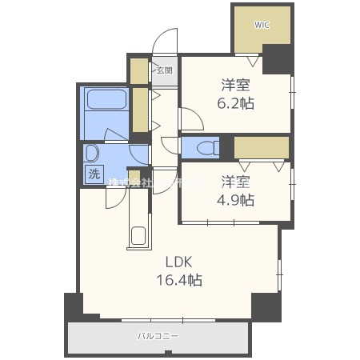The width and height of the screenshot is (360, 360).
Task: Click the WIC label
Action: [262, 24]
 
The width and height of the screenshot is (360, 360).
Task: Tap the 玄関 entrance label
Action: [163, 70]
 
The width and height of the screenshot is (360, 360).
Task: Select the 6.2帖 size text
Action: [237, 103]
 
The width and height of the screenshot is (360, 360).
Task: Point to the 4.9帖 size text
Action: [237, 200]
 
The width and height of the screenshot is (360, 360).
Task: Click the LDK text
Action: [178, 262]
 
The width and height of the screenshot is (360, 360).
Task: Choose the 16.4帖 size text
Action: [178, 280]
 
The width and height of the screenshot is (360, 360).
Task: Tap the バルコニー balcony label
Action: [156, 336]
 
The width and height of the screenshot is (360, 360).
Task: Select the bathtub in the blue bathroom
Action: [107, 101]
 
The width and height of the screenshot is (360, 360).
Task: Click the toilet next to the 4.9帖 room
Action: [205, 147]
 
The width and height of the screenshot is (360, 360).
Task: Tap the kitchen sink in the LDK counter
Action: [138, 236]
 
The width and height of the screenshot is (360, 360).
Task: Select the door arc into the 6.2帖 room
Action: [190, 119]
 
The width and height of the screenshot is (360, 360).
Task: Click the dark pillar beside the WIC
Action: [278, 58]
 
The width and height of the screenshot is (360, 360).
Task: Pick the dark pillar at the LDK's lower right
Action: [266, 306]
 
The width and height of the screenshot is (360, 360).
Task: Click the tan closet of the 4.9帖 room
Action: [261, 147]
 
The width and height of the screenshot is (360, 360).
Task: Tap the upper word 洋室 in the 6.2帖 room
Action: [237, 85]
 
